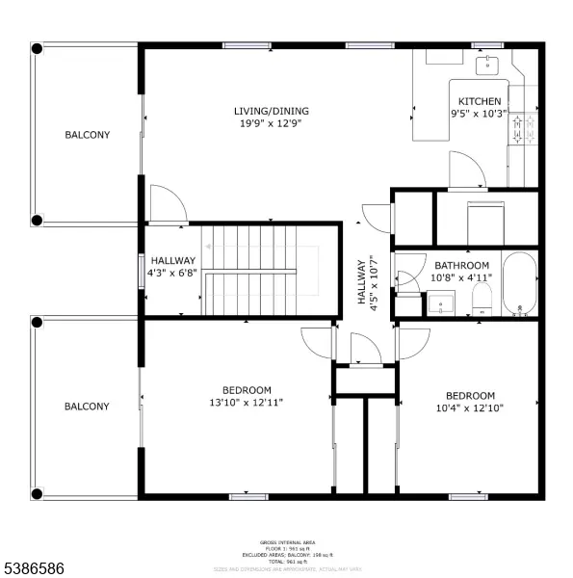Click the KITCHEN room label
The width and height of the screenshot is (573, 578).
coord(479,101)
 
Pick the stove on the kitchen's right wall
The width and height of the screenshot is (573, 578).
coord(522,130)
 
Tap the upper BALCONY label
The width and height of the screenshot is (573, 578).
coord(87,135)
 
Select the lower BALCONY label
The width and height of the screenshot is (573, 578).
coord(87,407)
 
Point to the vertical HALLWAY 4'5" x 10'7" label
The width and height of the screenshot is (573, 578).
coord(368,282)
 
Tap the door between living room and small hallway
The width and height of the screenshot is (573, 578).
coord(168,202)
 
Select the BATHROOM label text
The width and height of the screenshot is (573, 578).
coord(461,266)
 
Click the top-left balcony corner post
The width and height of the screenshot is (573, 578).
coord(37,48)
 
